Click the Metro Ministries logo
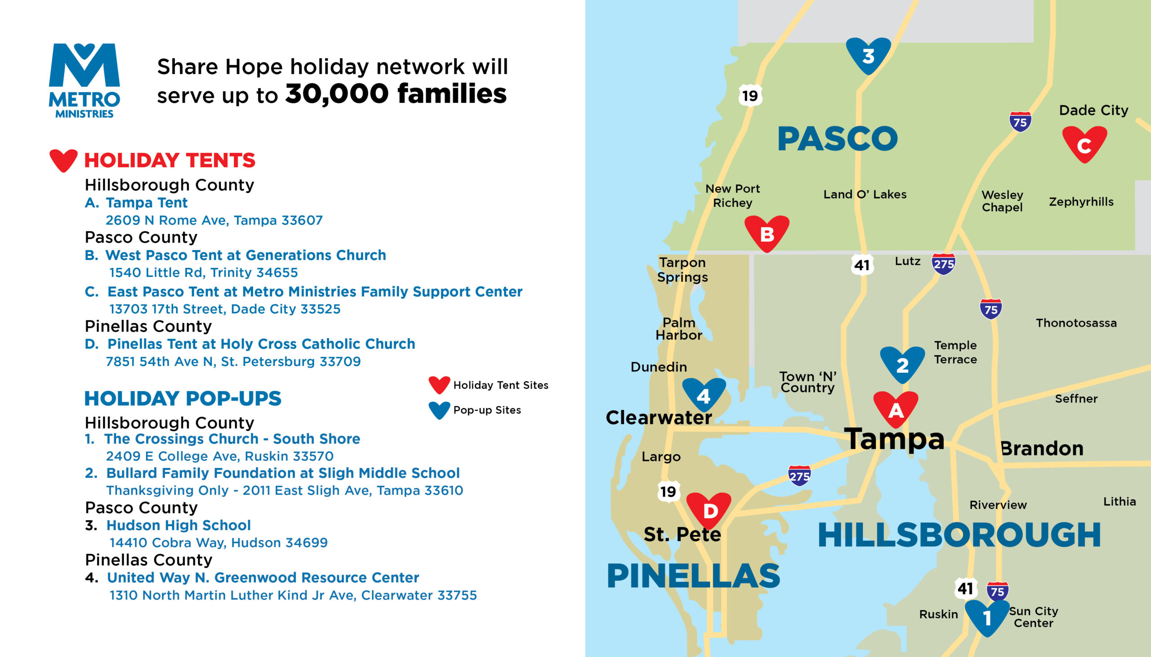85,81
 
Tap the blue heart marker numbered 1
987,618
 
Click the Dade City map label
1094,110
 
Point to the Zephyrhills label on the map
1081,202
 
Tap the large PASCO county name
838,139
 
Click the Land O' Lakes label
865,194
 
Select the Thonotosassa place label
1076,322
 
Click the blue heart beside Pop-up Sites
439,410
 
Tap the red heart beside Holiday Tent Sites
439,384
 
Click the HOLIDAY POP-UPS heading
183,398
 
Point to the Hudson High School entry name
178,525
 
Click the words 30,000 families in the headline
396,94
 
